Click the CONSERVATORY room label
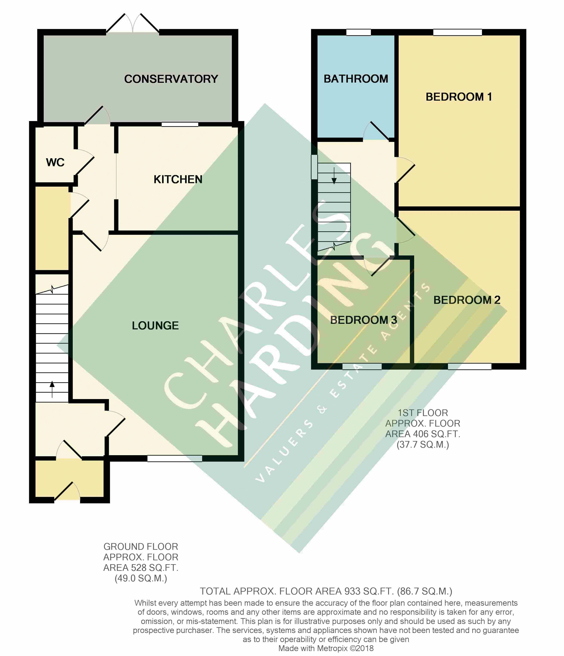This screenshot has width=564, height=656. (x=171, y=79)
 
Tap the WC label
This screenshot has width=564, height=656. (x=55, y=162)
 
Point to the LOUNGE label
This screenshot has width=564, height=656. (x=155, y=326)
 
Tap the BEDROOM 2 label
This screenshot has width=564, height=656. (x=467, y=300)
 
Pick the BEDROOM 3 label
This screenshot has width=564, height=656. (x=364, y=320)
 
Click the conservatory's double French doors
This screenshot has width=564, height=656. (x=133, y=23)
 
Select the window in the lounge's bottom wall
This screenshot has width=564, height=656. (x=175, y=458)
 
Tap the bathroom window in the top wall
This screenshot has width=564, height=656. (x=359, y=32)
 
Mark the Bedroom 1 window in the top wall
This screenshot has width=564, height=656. (x=457, y=32)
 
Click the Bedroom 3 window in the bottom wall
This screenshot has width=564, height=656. (x=362, y=366)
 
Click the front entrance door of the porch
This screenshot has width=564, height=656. (x=67, y=491)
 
